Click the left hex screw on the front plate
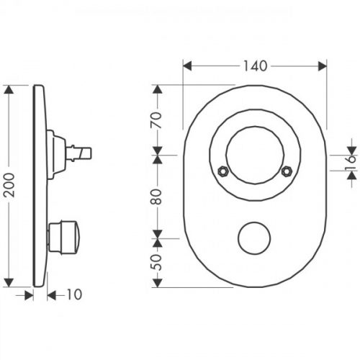223,171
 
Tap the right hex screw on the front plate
287,171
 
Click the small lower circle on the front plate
255,237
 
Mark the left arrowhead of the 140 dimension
186,66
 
